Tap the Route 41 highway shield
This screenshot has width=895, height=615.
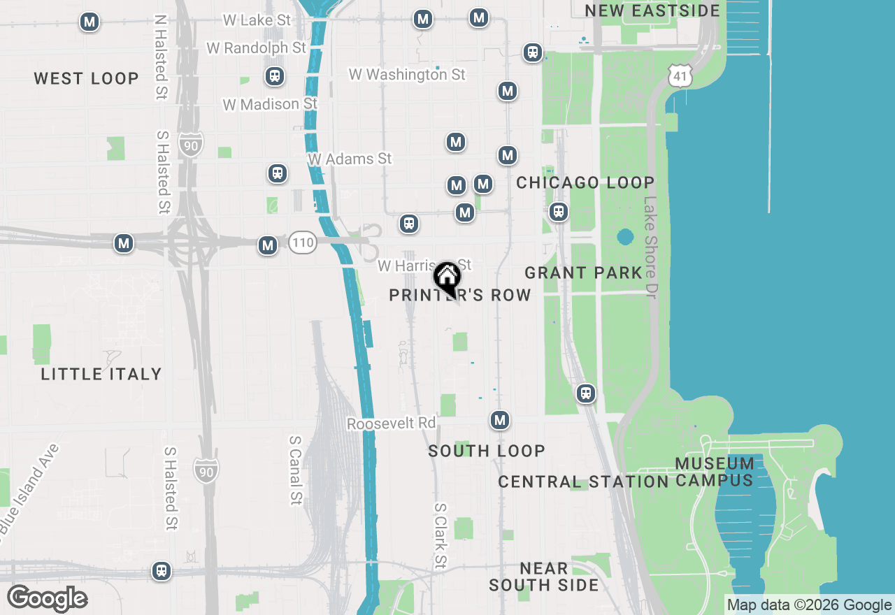coord(680,76)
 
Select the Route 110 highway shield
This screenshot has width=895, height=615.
coord(303,243)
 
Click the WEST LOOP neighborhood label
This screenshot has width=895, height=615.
coord(87,78)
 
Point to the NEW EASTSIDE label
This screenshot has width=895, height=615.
coord(652,10)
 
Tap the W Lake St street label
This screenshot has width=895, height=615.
coord(257,20)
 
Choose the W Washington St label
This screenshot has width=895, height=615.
coord(407,74)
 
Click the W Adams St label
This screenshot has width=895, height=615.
coord(350,159)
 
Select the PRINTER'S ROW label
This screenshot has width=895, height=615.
coord(460,296)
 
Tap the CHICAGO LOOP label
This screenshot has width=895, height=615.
coord(585,182)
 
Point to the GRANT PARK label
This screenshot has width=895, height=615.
coord(583,273)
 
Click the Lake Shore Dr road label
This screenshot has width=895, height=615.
coord(651,247)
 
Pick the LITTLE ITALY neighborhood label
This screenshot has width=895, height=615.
coord(101,374)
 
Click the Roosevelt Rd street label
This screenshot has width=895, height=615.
coord(391,424)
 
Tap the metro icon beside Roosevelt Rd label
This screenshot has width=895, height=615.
coord(499,420)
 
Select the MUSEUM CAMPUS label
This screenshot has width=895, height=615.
coord(715,472)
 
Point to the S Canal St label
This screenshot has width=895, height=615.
coord(296,470)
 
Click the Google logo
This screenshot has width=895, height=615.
coord(47,599)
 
